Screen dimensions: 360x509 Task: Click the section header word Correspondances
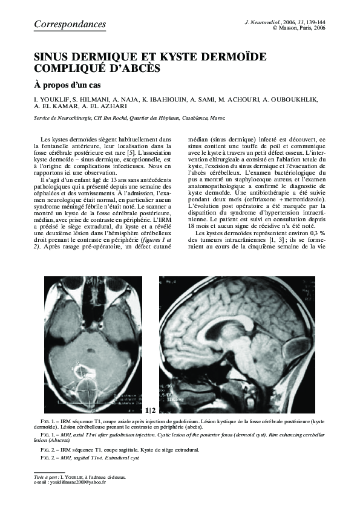(70, 24)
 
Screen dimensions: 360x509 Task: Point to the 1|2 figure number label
(151, 410)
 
